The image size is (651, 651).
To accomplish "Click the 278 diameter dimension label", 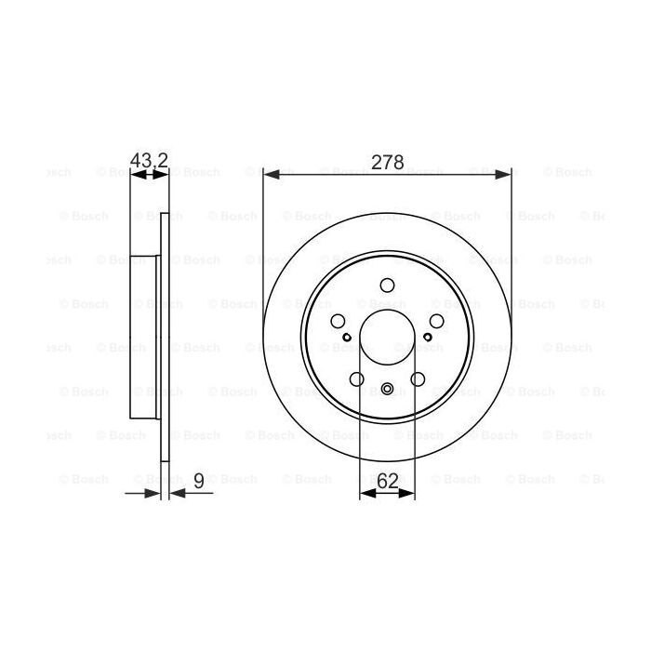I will click(387, 162).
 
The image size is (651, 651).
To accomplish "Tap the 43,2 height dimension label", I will click(148, 162).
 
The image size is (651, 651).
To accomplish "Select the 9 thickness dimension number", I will click(198, 481).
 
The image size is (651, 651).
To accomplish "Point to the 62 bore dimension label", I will click(387, 481).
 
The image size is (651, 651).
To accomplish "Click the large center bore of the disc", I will click(387, 337).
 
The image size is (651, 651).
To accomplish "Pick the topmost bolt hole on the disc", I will click(388, 286).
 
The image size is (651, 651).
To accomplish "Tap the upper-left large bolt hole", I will click(339, 321).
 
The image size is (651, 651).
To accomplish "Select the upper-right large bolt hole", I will click(436, 321).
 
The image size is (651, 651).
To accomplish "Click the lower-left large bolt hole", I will click(357, 379).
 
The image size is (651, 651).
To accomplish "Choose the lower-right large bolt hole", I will click(418, 379).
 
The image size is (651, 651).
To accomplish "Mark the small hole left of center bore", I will click(347, 338).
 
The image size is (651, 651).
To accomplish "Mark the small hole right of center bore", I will click(428, 338).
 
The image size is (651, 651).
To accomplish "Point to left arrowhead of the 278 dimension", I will click(269, 173).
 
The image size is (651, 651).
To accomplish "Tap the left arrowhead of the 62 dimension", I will click(365, 494).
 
